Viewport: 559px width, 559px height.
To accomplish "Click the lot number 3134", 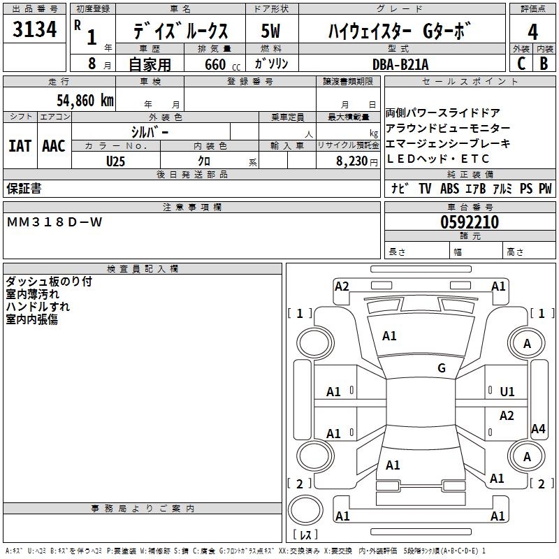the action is click(x=35, y=30).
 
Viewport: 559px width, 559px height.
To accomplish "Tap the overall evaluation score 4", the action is click(x=533, y=31).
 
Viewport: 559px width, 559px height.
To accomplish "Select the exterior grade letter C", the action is click(x=521, y=63).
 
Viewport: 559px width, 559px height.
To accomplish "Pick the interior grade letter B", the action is click(x=544, y=63).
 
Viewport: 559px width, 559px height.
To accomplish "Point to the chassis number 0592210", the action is click(x=470, y=222).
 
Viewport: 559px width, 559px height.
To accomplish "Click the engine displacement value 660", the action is click(x=215, y=64).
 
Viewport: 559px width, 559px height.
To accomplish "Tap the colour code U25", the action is click(x=117, y=161).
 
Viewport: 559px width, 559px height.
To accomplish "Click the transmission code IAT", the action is click(x=20, y=145).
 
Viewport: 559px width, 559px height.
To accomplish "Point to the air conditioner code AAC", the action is click(x=54, y=145).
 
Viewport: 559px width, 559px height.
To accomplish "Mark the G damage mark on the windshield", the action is click(x=441, y=368).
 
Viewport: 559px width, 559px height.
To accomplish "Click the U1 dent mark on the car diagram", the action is click(x=507, y=392).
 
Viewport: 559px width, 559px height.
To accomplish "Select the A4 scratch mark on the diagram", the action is click(x=538, y=429).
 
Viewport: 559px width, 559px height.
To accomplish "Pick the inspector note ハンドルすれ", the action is click(x=38, y=307).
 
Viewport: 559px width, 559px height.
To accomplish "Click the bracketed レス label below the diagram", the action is click(x=305, y=535).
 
